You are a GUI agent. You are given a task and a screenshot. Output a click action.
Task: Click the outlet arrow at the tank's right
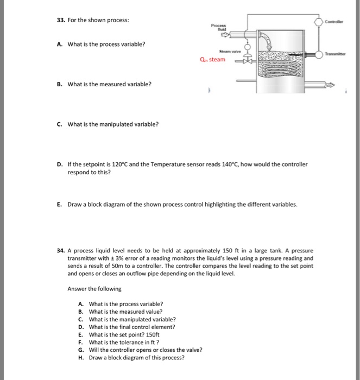(331, 85)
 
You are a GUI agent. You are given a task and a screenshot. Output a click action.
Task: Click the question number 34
(60, 251)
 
